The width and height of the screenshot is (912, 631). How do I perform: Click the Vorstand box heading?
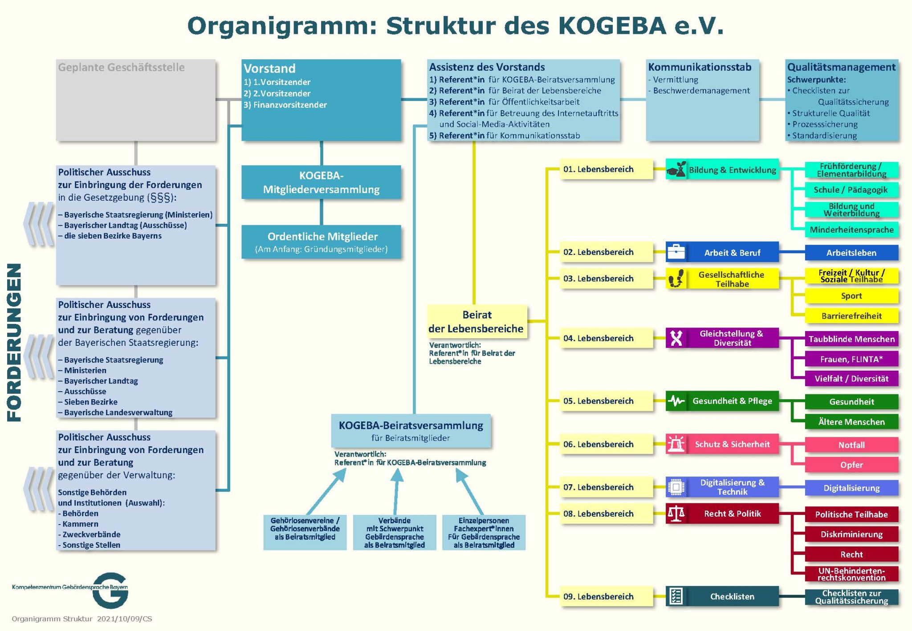click(x=269, y=69)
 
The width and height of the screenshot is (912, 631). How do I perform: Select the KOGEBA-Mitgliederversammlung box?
click(x=321, y=182)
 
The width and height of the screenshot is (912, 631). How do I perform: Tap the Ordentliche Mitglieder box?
click(x=321, y=242)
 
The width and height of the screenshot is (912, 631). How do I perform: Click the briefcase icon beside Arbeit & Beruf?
click(x=676, y=252)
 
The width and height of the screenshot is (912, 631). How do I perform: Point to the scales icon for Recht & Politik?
click(x=676, y=514)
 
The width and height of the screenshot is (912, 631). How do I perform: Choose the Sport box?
click(x=851, y=296)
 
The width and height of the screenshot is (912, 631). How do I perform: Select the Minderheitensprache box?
click(x=851, y=230)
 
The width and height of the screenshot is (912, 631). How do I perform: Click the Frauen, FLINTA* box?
click(x=851, y=359)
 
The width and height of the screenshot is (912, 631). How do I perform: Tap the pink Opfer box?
click(x=851, y=465)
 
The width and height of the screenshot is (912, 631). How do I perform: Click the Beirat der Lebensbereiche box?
click(x=476, y=322)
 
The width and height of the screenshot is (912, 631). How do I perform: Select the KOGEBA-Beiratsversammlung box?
click(x=411, y=431)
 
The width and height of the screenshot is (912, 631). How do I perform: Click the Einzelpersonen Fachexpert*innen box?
click(x=484, y=533)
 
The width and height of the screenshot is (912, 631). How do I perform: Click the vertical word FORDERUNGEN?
click(x=14, y=342)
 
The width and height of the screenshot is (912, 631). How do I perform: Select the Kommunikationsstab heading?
click(x=700, y=67)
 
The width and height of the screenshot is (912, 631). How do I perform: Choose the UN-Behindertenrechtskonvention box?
click(x=851, y=574)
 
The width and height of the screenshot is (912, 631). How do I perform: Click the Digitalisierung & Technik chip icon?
click(x=676, y=487)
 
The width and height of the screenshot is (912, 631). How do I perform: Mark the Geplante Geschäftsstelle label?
click(x=121, y=68)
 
